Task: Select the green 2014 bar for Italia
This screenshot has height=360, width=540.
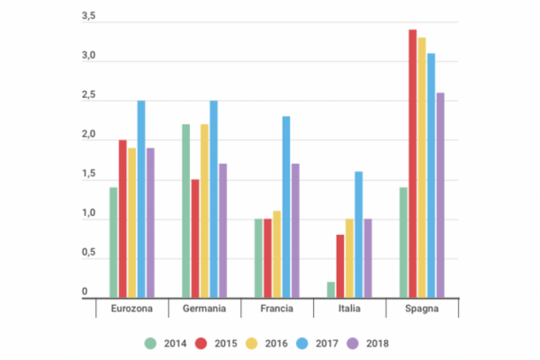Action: coord(331,290)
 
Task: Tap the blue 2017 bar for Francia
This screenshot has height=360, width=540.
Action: coord(285,207)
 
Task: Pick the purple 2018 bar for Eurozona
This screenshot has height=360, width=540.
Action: coord(150,223)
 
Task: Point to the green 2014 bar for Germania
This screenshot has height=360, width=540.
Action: coord(185,211)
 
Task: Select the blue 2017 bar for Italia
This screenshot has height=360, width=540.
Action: coord(358,235)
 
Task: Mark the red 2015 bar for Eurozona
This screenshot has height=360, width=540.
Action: coord(122,219)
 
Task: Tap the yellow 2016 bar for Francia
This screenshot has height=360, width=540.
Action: coord(276,255)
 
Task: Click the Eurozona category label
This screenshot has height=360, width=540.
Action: coord(131,310)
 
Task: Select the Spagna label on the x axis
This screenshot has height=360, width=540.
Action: coord(422,310)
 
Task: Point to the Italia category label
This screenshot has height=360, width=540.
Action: coord(349,310)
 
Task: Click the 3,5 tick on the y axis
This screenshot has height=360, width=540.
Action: coord(88,18)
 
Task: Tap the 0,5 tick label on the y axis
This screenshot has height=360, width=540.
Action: coord(88,254)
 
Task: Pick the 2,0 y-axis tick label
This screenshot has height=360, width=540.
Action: coord(88,136)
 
